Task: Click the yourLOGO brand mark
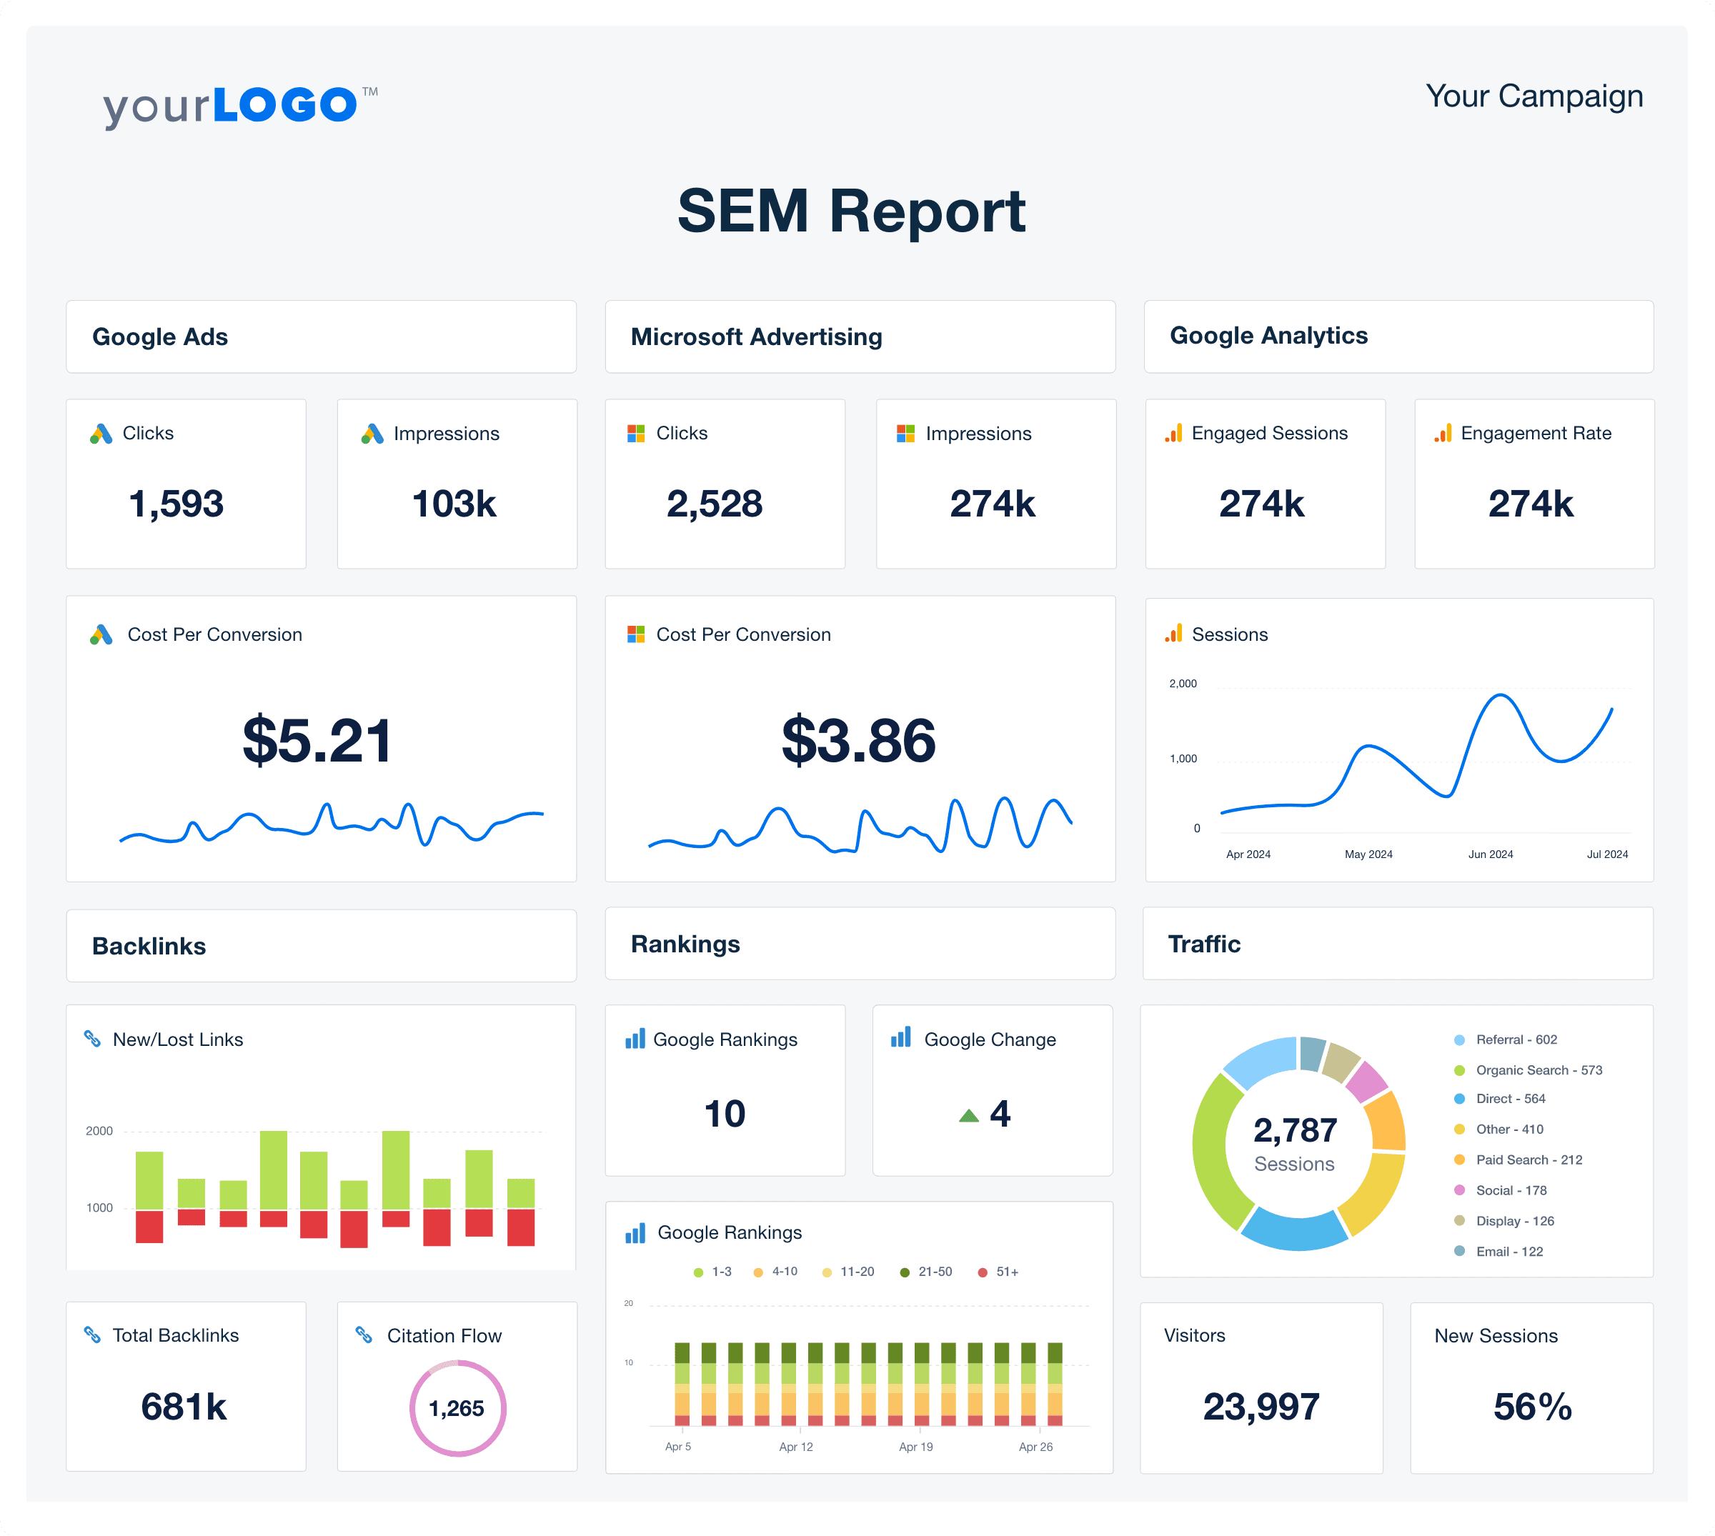tap(239, 106)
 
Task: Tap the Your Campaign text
tap(1533, 96)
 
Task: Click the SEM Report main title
tap(851, 211)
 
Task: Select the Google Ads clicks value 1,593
tap(177, 504)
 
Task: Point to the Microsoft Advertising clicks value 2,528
tap(714, 504)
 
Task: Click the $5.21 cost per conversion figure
tap(317, 740)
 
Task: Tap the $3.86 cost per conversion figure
tap(858, 740)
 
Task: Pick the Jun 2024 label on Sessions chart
tap(1490, 854)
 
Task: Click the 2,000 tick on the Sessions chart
tap(1183, 684)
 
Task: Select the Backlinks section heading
tap(149, 946)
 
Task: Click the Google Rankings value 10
tap(724, 1113)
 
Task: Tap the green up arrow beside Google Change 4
tap(969, 1116)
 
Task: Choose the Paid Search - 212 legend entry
tap(1528, 1160)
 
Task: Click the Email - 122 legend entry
tap(1508, 1252)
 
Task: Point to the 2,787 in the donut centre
tap(1295, 1130)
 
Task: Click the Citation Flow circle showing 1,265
tap(457, 1407)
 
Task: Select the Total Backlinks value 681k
tap(184, 1407)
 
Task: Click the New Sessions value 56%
tap(1532, 1407)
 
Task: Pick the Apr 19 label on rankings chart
tap(915, 1447)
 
